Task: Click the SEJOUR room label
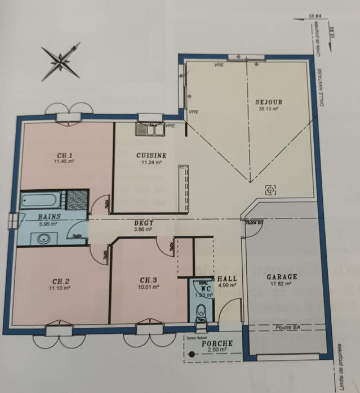tap(268, 102)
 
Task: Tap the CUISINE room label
tap(151, 155)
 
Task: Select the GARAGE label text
tap(282, 277)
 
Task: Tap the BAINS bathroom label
tap(50, 216)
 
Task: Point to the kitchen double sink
tap(149, 129)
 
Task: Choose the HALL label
tap(226, 279)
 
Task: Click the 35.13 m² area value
tap(268, 109)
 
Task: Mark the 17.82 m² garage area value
tap(281, 284)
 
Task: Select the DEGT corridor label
tap(144, 223)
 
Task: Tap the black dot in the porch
tap(193, 354)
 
